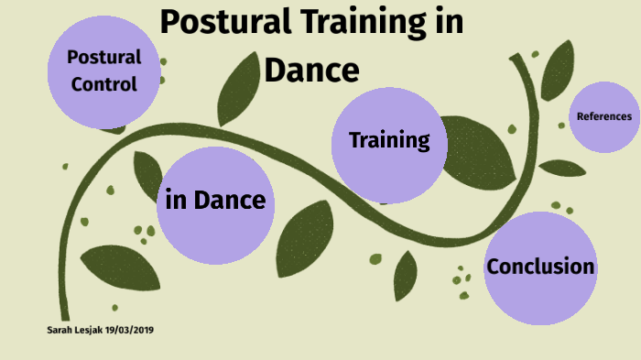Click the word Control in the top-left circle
click(x=103, y=85)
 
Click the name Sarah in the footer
click(x=61, y=329)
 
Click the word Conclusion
click(x=540, y=267)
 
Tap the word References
click(x=603, y=116)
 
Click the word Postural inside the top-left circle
click(x=103, y=57)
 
